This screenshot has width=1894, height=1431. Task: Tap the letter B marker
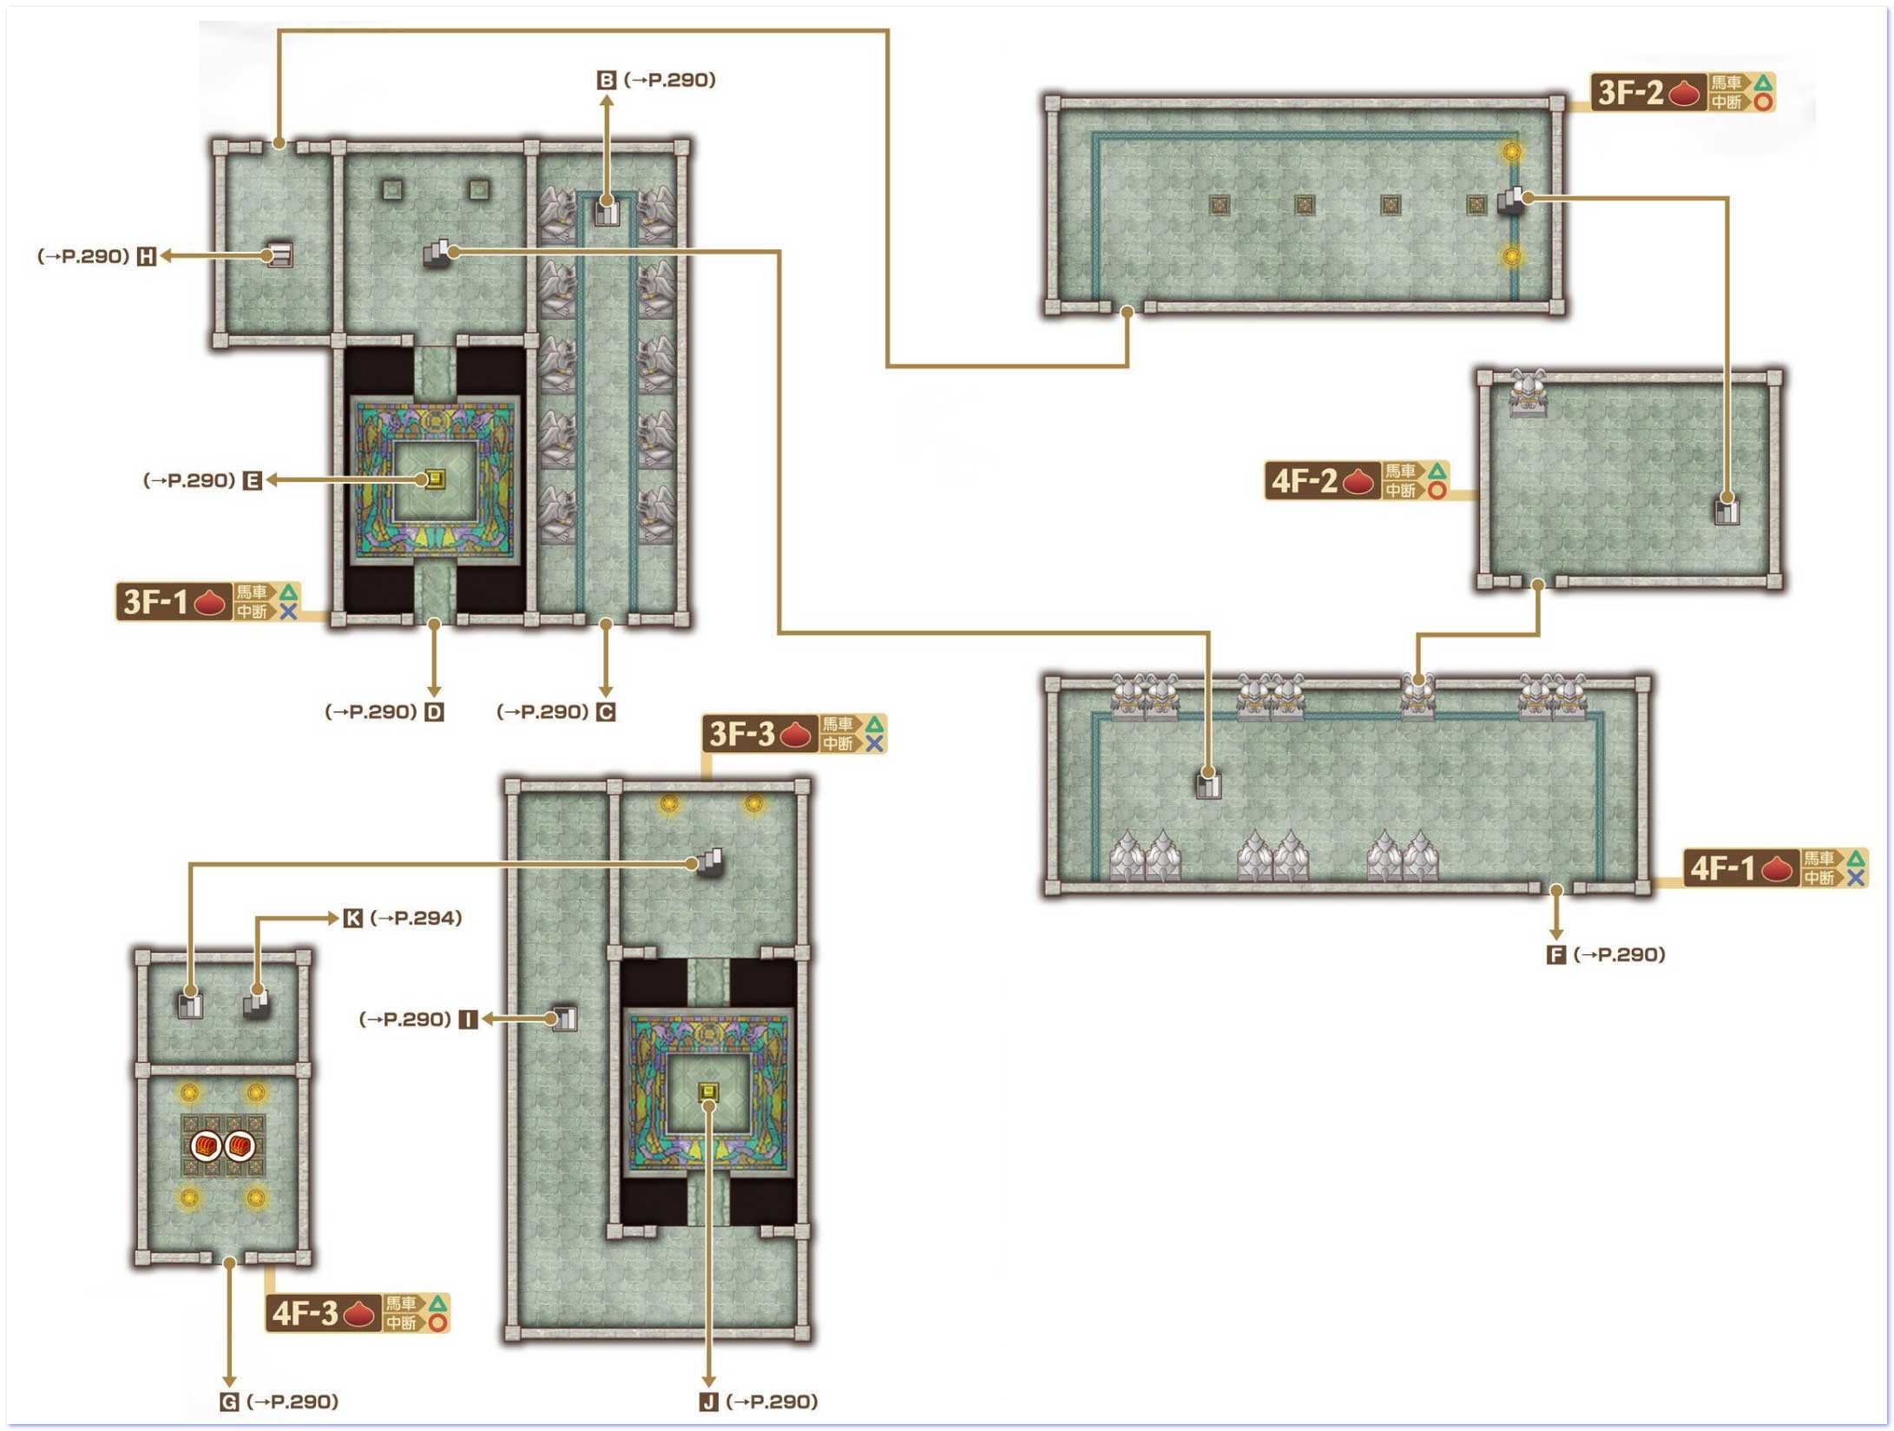tap(607, 80)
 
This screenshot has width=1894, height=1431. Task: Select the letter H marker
tap(147, 256)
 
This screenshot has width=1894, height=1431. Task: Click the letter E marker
tap(253, 480)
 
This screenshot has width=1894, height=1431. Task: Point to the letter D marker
tap(434, 712)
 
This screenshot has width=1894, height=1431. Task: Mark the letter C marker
tap(606, 712)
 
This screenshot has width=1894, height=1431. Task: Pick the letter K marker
tap(352, 918)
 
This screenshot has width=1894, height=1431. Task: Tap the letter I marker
tap(468, 1019)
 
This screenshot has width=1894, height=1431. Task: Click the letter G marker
tap(229, 1401)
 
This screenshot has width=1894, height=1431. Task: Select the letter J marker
tap(709, 1401)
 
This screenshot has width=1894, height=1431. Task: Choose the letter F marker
tap(1556, 955)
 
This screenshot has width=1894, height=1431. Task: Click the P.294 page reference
tap(416, 918)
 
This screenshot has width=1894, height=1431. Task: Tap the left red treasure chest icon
tap(206, 1146)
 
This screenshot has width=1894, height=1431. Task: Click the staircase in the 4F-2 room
tap(1726, 510)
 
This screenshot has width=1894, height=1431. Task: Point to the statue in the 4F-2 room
tap(1529, 392)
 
